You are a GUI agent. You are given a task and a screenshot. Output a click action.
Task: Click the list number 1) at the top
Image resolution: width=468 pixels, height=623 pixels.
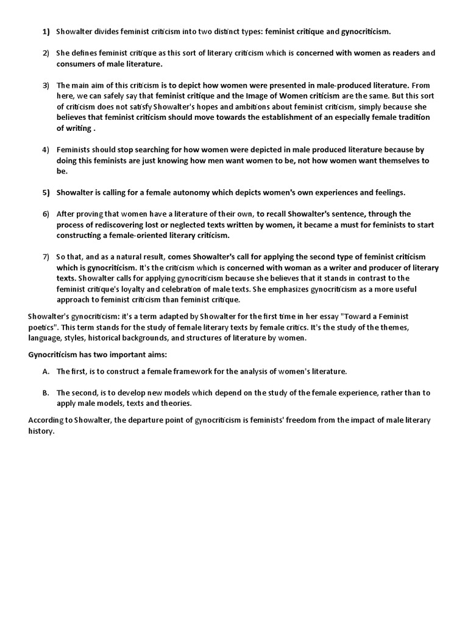coord(46,31)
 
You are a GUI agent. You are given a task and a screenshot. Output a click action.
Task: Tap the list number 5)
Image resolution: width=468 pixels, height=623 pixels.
coord(46,192)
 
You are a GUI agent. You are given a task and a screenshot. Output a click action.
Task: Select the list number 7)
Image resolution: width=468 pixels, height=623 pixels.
coord(46,257)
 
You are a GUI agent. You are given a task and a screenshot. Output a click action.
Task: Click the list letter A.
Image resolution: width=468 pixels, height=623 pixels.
coord(46,371)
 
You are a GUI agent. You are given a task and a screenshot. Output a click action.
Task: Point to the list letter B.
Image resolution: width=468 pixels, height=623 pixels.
coord(46,392)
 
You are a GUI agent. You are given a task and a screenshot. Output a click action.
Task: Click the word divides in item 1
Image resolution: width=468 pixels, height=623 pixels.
coord(108,31)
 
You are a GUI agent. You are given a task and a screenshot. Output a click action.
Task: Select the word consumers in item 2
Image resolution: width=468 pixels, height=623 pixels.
coord(76,63)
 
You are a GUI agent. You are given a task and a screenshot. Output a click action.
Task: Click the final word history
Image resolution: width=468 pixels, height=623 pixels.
coord(41,431)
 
